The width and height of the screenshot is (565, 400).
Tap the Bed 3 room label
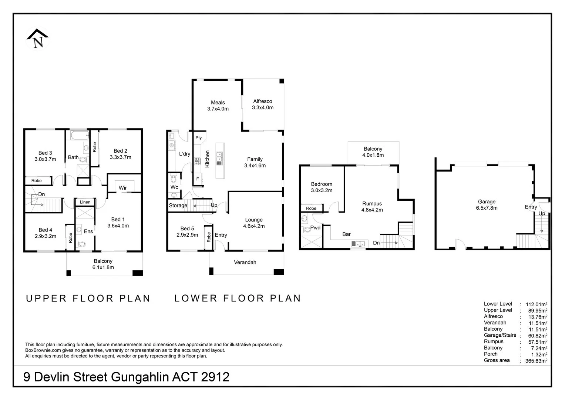click(x=45, y=153)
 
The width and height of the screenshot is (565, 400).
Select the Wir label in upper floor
click(x=123, y=188)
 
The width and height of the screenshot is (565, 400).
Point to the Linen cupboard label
click(x=85, y=202)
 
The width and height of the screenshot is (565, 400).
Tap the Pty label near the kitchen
click(x=199, y=138)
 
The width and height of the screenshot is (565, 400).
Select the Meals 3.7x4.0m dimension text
click(x=218, y=109)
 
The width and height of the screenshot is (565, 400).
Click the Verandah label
click(x=245, y=262)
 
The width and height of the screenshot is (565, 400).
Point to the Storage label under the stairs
click(x=178, y=206)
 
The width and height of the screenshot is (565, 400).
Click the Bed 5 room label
click(x=187, y=229)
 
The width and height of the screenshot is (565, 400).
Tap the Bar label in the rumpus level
click(x=346, y=234)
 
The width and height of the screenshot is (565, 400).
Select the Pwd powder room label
click(x=315, y=228)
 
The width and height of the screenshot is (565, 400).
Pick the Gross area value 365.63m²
click(x=536, y=361)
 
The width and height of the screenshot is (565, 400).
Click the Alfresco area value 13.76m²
click(x=536, y=317)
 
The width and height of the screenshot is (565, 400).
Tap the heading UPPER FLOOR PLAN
click(x=88, y=299)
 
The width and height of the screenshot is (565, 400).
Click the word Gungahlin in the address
click(x=141, y=377)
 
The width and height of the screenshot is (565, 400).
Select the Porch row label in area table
click(x=491, y=354)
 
